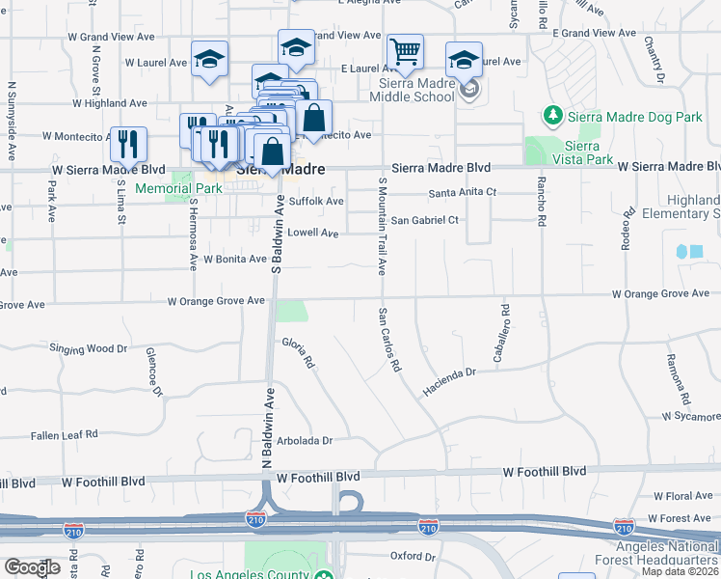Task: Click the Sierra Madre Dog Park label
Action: pyautogui.click(x=634, y=117)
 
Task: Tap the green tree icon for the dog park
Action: pyautogui.click(x=553, y=117)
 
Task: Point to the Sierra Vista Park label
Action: pyautogui.click(x=589, y=152)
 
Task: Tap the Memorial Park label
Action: pyautogui.click(x=178, y=188)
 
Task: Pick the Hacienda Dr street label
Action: pyautogui.click(x=449, y=381)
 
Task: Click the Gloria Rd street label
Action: pyautogui.click(x=299, y=353)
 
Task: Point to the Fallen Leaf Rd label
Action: pyautogui.click(x=65, y=435)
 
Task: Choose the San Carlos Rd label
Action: pyautogui.click(x=388, y=340)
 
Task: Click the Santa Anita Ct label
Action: pyautogui.click(x=462, y=192)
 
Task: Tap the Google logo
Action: pyautogui.click(x=33, y=566)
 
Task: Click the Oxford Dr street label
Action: pyautogui.click(x=414, y=556)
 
